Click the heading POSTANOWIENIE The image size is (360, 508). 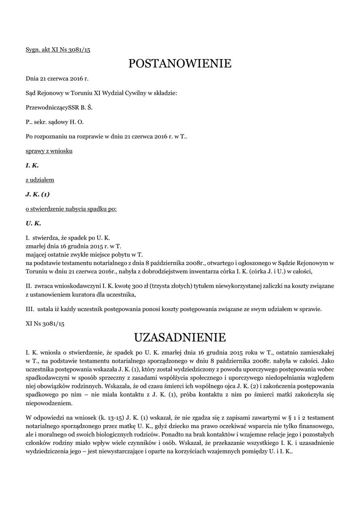(180, 63)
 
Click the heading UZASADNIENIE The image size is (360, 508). (180, 337)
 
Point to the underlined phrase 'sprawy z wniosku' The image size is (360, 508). (49, 150)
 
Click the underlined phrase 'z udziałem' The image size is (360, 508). (40, 179)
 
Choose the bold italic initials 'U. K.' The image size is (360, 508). (33, 223)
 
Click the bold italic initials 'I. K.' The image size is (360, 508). (32, 165)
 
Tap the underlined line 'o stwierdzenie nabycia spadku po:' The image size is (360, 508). (71, 208)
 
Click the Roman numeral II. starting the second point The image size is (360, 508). (29, 286)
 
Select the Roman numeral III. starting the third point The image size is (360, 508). (30, 309)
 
